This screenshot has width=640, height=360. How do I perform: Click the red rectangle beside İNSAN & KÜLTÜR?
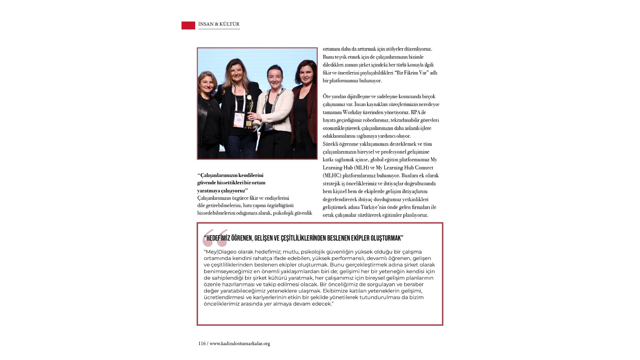[188, 25]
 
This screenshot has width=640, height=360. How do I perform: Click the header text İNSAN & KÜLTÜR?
[219, 24]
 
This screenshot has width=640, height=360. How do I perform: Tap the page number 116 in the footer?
[202, 343]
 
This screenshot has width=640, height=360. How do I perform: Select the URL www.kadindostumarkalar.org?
[240, 343]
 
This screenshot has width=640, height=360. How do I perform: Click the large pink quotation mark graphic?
[215, 237]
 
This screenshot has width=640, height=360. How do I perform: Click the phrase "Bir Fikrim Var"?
[411, 73]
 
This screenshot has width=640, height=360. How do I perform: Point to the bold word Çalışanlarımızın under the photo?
[218, 175]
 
